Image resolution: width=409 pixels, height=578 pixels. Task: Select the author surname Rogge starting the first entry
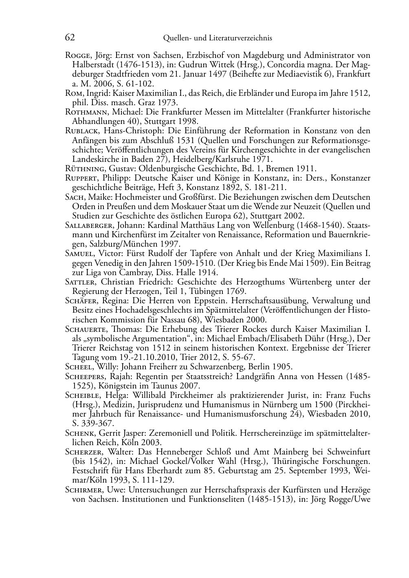point(77,55)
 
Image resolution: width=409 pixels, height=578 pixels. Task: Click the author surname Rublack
point(81,131)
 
